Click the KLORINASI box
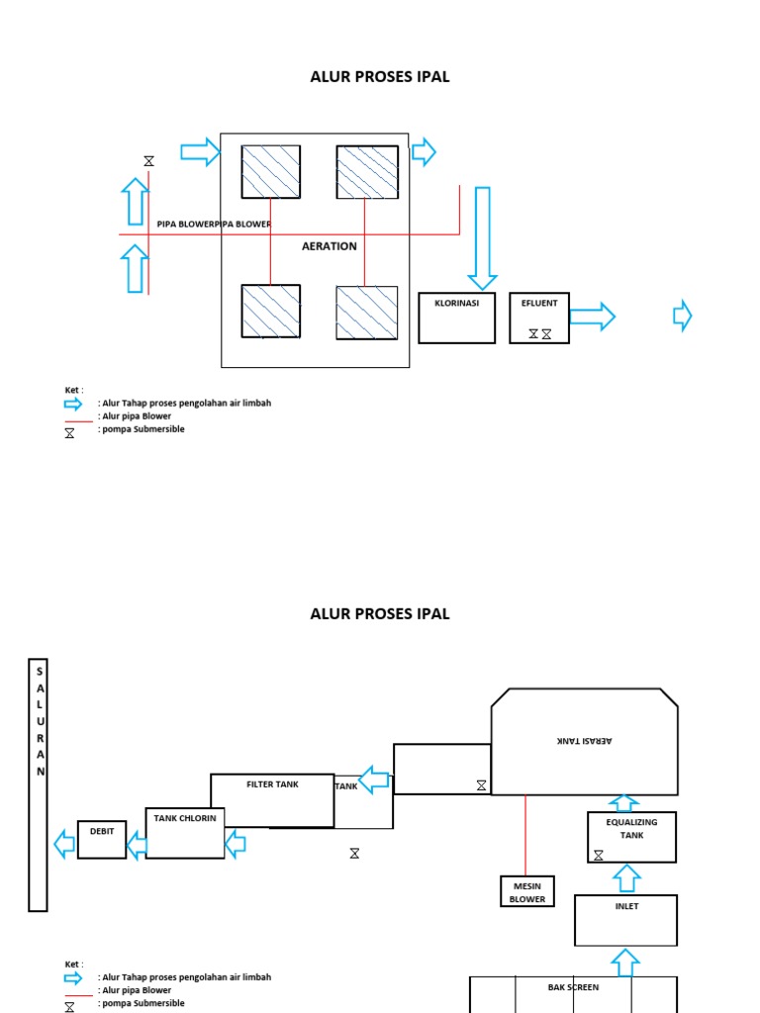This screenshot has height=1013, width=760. tap(456, 318)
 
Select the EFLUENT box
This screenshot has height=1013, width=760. tap(539, 318)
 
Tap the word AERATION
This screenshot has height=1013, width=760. tap(330, 246)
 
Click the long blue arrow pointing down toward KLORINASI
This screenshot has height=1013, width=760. tap(482, 237)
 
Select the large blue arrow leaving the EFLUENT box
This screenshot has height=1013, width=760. tap(592, 317)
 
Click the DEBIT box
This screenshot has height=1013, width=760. tap(102, 840)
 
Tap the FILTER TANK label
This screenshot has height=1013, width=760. tap(272, 784)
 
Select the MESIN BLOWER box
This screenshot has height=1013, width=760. tap(527, 891)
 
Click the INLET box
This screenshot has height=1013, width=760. tap(626, 920)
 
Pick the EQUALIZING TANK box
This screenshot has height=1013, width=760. tap(631, 837)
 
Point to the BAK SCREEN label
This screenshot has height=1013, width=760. tap(573, 987)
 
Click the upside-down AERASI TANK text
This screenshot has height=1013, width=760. tap(585, 741)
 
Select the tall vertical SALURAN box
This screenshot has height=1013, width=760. tap(38, 783)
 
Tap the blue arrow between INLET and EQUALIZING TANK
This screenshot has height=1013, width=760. tap(627, 877)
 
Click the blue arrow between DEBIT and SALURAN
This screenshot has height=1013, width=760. tap(64, 844)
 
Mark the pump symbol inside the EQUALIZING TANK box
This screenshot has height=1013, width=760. tap(599, 855)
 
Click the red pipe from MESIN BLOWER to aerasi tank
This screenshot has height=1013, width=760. tap(525, 835)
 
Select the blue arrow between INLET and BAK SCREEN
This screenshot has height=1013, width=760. tap(627, 961)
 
